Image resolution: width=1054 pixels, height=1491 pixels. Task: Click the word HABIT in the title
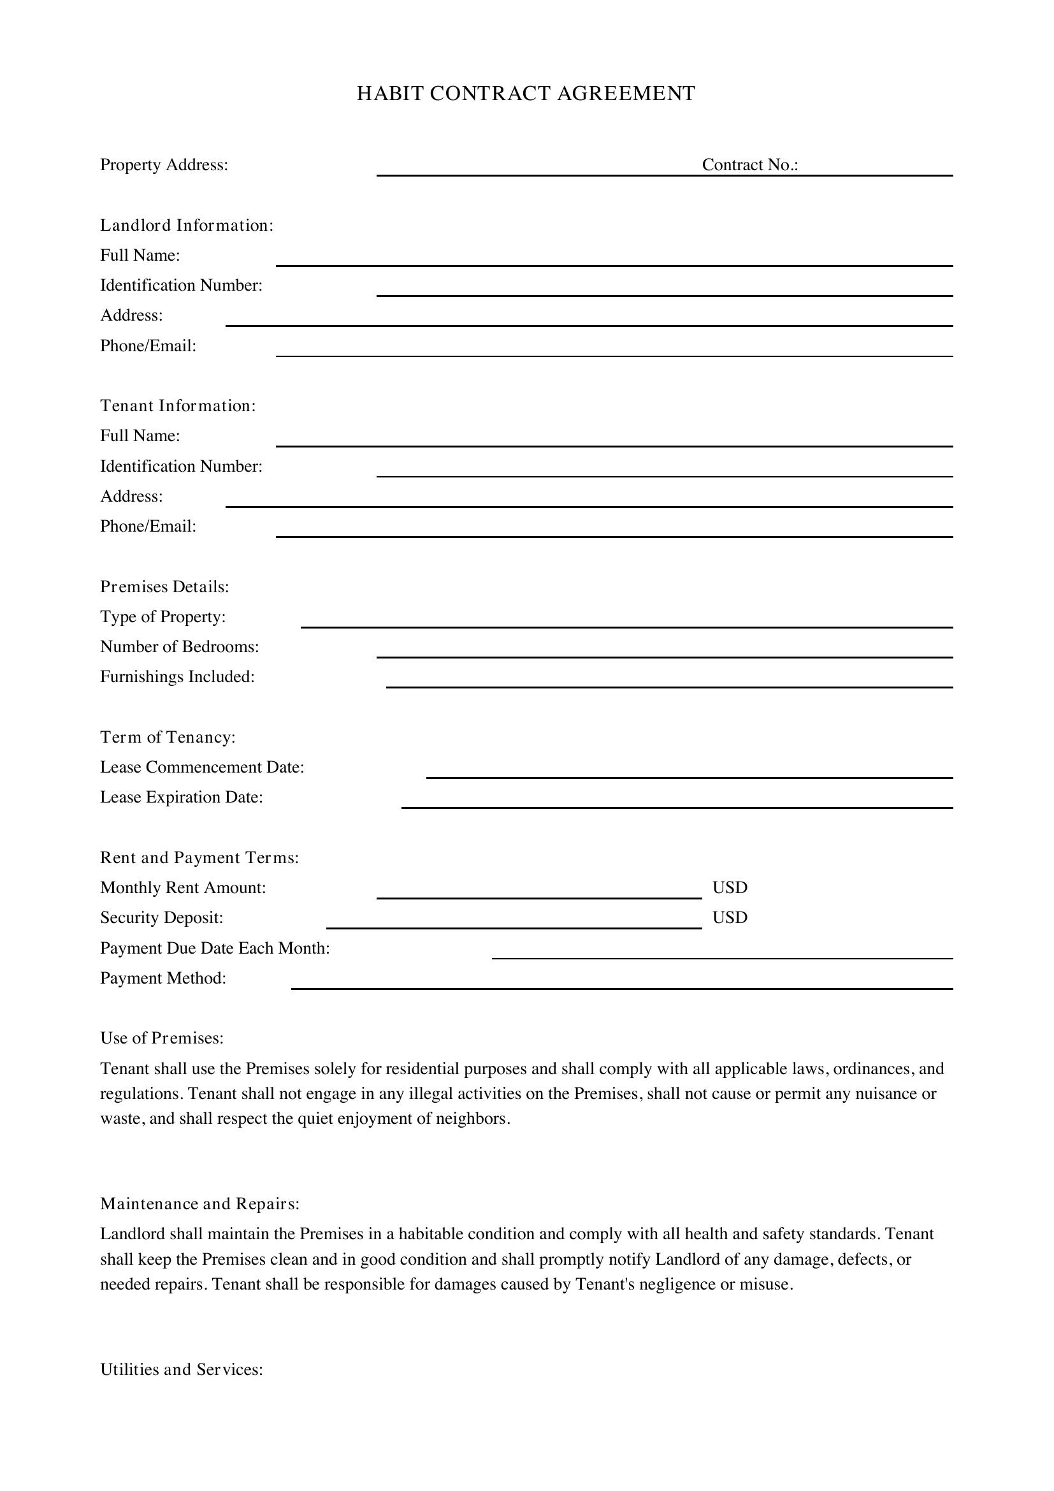[x=389, y=94]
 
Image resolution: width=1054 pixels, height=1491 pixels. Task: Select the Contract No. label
[x=749, y=165]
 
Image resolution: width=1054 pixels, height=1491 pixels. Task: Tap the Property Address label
[x=164, y=165]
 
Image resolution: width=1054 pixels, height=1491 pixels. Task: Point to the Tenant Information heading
[x=178, y=406]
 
